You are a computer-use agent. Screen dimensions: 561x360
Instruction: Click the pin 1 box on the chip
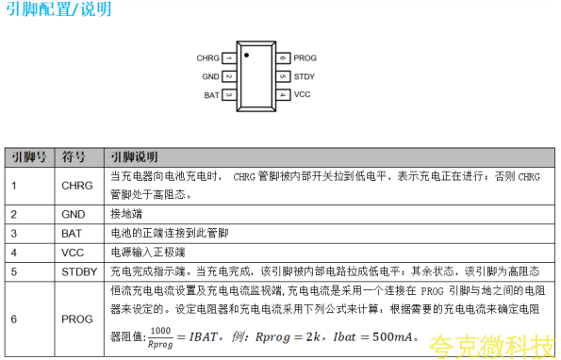coord(229,57)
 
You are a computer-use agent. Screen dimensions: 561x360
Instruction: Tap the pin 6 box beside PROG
coord(283,57)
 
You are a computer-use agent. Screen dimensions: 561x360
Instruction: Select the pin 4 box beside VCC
coord(283,95)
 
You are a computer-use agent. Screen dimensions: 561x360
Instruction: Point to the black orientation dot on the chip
coord(246,55)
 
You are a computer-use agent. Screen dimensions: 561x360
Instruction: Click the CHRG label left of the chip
coord(207,57)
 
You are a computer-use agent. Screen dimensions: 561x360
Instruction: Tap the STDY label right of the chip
coord(305,76)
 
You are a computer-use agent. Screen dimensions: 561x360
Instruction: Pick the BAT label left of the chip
coord(212,95)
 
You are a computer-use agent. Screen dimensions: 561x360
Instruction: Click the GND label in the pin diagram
coord(211,76)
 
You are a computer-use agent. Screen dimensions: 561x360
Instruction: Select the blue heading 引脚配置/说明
coord(59,8)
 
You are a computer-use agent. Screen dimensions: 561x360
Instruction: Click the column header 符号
coord(74,157)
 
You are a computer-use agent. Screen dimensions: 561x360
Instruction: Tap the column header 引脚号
coord(29,157)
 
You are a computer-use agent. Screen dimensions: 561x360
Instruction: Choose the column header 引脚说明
coord(134,157)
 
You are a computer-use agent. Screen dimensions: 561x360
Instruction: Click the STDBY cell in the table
coord(79,272)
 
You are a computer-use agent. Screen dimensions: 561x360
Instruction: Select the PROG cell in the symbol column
coord(77,319)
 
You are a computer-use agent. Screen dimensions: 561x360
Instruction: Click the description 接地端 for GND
coord(126,214)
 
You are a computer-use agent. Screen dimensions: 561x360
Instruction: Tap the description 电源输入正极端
coord(148,253)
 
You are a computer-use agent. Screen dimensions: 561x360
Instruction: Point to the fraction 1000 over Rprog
coord(160,337)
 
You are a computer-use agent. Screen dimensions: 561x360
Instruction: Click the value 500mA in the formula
coord(392,336)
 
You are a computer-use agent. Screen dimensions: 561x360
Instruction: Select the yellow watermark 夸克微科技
coord(491,347)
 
